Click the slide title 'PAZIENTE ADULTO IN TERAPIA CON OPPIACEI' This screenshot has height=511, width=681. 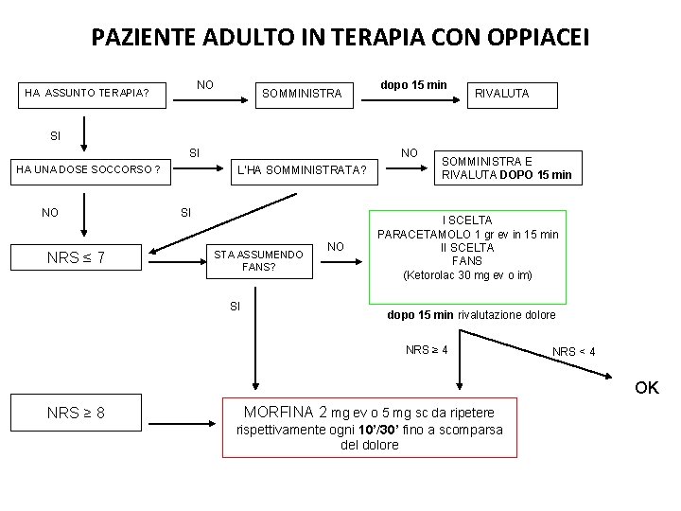tap(340, 38)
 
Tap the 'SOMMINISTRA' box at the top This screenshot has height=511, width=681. tap(302, 94)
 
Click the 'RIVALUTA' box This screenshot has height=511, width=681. tap(502, 94)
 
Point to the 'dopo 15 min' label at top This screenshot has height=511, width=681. tap(413, 84)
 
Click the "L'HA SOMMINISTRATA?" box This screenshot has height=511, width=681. tap(301, 170)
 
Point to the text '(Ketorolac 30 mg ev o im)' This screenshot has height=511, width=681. tap(467, 275)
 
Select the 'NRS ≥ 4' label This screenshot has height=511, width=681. tap(427, 350)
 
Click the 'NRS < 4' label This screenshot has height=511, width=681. tap(574, 352)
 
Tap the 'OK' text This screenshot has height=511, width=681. tap(647, 387)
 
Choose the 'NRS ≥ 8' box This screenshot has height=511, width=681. tap(76, 414)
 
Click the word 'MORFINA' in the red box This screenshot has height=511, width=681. tap(278, 412)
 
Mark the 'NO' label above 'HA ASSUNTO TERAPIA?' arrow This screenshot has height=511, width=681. tap(204, 85)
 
